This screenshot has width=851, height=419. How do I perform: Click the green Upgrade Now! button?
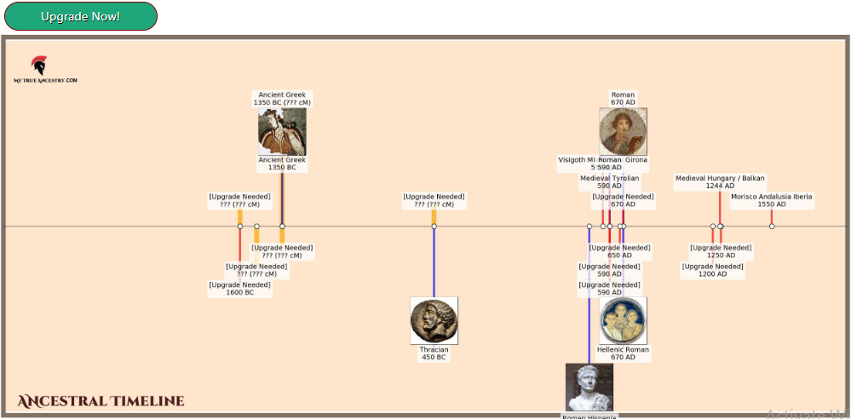click(x=80, y=16)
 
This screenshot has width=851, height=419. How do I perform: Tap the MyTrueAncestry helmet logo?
click(x=39, y=66)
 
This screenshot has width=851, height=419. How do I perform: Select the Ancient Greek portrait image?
click(x=282, y=131)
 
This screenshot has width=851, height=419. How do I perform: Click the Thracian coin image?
click(x=434, y=320)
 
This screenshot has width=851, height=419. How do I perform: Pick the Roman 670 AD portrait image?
click(x=623, y=131)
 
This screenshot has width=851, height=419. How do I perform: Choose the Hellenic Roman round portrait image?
click(x=623, y=320)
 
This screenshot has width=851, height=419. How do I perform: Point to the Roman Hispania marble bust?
click(x=589, y=387)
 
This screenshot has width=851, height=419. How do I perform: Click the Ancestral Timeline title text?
click(x=101, y=401)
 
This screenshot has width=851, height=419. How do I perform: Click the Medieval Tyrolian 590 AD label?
click(x=609, y=182)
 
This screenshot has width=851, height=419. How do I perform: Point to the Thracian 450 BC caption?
click(x=434, y=353)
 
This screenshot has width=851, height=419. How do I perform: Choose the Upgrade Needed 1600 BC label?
click(x=239, y=289)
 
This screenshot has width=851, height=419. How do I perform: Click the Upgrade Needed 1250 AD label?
click(x=721, y=251)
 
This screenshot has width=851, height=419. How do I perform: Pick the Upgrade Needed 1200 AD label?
click(x=713, y=270)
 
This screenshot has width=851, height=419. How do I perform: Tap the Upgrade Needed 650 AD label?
click(x=620, y=251)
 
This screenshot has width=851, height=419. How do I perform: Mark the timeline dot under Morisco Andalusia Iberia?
click(x=772, y=227)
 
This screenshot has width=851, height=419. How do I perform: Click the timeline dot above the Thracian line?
click(x=434, y=227)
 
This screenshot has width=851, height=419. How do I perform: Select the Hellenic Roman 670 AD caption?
click(x=623, y=353)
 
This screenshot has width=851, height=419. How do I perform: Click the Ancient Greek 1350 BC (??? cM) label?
click(x=282, y=99)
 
